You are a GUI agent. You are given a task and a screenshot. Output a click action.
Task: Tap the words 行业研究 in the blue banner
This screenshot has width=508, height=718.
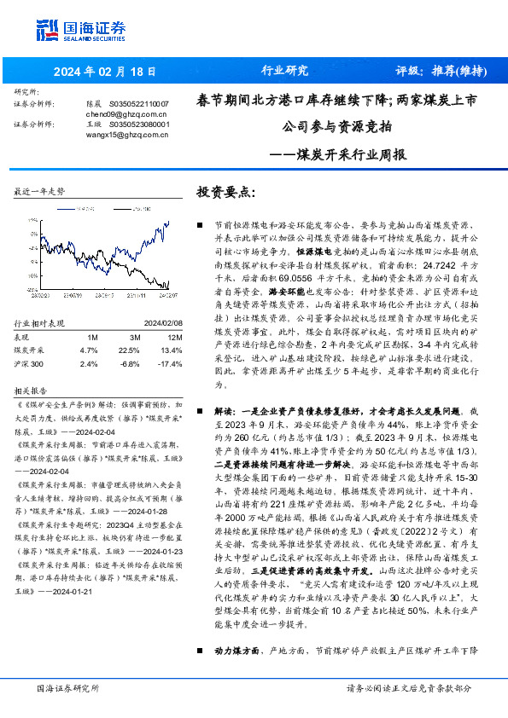coord(283,71)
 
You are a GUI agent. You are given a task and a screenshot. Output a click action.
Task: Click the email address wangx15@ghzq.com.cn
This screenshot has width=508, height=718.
coord(120,134)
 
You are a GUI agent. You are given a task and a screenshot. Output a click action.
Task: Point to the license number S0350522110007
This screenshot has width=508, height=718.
coord(141,103)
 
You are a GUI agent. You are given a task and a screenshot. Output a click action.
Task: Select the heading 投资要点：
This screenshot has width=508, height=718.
coord(226,192)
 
